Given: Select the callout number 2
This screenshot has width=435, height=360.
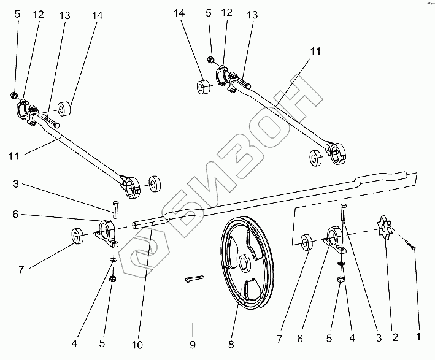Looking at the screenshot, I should [395, 337].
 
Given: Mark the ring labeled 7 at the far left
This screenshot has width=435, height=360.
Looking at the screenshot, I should [79, 236].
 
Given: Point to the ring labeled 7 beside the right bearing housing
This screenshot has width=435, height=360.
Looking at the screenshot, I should [306, 243].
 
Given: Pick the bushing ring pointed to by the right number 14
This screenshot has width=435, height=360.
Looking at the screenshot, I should [204, 87].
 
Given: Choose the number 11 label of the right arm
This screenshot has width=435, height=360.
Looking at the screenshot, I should [315, 53].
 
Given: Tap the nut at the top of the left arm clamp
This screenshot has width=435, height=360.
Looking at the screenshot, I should [13, 95].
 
